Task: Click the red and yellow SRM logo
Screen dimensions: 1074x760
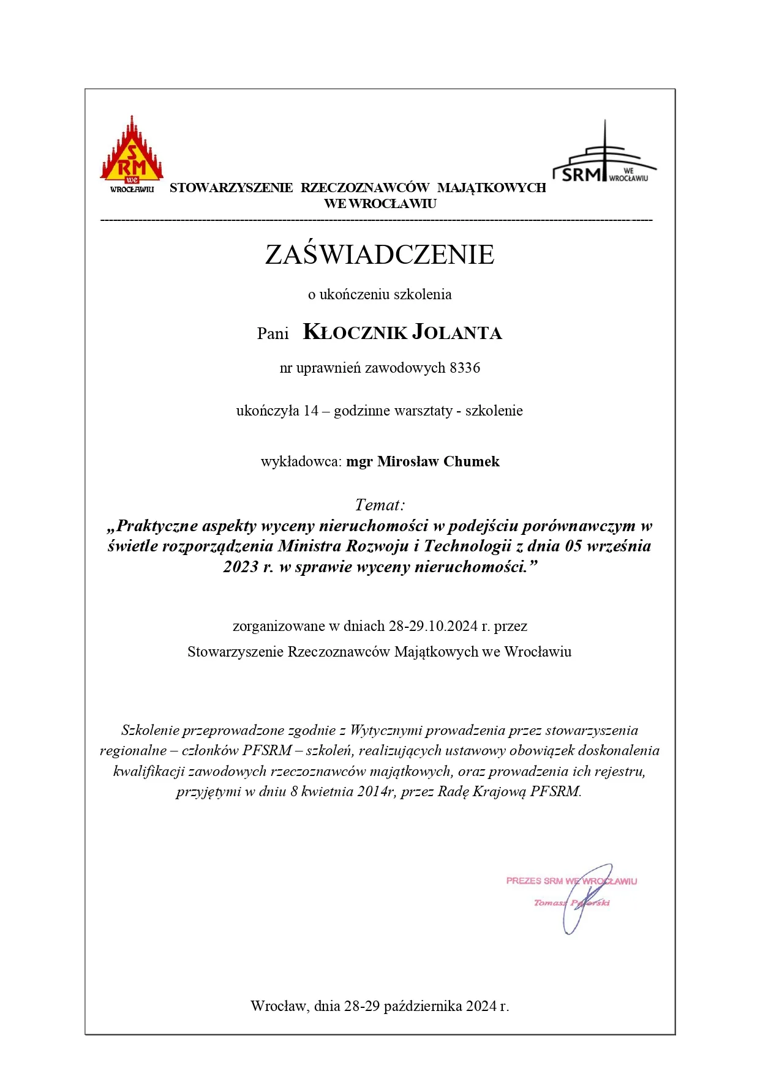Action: click(132, 153)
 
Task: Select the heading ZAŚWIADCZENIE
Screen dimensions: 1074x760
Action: click(379, 255)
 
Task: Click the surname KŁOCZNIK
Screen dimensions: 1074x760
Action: click(355, 332)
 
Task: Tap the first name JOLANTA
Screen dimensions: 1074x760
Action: click(457, 332)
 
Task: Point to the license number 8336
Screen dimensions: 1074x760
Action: click(465, 368)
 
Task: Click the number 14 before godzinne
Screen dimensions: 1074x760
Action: click(311, 411)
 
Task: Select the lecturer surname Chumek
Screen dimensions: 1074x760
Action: click(472, 461)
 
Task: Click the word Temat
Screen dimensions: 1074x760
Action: click(378, 505)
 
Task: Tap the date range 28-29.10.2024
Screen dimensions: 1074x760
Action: click(433, 626)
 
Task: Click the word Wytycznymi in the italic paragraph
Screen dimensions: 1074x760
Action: click(386, 730)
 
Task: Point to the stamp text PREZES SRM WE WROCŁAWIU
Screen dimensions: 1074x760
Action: click(571, 881)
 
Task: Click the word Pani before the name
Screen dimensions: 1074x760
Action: click(273, 334)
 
